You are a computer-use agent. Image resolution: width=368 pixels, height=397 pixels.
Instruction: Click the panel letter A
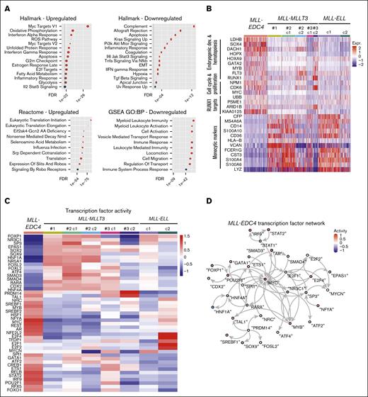pos(4,5)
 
